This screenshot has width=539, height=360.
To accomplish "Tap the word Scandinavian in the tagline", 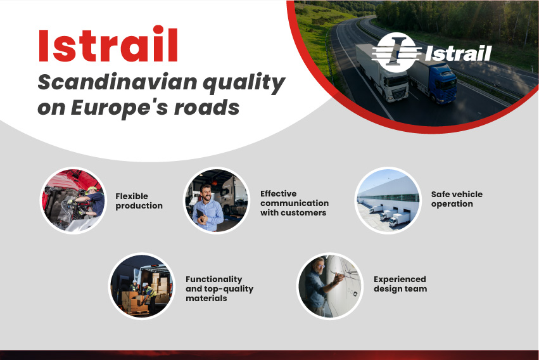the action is click(x=118, y=82).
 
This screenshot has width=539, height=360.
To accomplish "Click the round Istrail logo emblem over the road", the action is click(x=396, y=52).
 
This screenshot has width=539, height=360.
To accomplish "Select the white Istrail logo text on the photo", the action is click(x=458, y=53).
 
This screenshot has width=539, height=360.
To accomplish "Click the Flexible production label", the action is click(x=139, y=201).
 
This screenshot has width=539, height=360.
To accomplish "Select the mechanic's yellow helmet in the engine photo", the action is click(x=91, y=189).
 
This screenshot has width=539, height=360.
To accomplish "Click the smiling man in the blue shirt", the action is click(x=207, y=209).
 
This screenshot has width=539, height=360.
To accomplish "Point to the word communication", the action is click(x=295, y=203).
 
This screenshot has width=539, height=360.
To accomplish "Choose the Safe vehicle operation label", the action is click(x=457, y=199).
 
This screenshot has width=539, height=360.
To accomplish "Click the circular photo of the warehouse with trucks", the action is click(x=388, y=200).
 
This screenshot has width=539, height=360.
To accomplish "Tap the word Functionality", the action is click(x=214, y=279).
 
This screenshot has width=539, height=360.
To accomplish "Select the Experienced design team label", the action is click(x=400, y=284).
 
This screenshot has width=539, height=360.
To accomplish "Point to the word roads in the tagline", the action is click(x=206, y=108).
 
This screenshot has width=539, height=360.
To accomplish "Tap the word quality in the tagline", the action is click(x=244, y=83).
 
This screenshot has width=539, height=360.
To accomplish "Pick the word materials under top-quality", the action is click(x=206, y=298).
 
